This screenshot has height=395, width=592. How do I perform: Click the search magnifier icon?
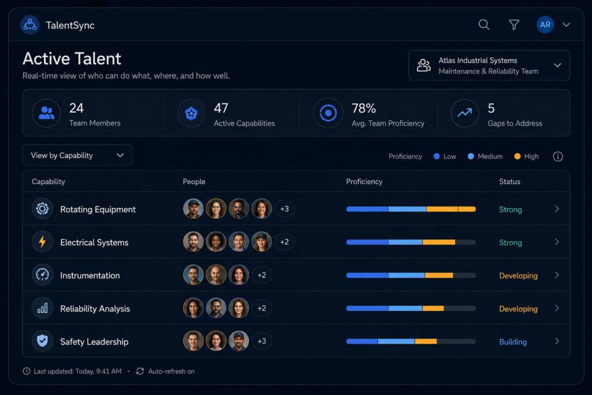[484, 25]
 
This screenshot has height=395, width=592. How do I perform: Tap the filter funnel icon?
[514, 25]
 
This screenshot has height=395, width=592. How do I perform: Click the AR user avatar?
[545, 25]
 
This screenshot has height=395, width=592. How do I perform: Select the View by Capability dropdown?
[77, 155]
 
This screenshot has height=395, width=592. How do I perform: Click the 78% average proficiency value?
[364, 108]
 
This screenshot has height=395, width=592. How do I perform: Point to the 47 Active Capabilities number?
[221, 108]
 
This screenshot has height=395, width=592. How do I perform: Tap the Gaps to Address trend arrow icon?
[465, 113]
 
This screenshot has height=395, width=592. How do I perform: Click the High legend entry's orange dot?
[517, 156]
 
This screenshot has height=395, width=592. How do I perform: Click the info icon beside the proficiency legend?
[558, 156]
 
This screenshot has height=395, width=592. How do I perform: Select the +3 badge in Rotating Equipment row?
[284, 209]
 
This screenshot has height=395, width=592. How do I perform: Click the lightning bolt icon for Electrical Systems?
[42, 242]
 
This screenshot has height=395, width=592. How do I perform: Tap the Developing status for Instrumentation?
[518, 276]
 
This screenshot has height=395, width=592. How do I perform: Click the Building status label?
[513, 342]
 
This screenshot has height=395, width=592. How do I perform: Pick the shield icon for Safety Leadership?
[42, 341]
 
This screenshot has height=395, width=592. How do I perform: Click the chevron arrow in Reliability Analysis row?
[557, 308]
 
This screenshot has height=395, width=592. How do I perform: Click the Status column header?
[509, 182]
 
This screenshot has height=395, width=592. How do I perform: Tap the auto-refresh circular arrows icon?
[140, 371]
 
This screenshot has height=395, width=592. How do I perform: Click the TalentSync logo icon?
[30, 25]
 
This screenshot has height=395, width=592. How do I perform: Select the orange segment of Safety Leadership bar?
[426, 341]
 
